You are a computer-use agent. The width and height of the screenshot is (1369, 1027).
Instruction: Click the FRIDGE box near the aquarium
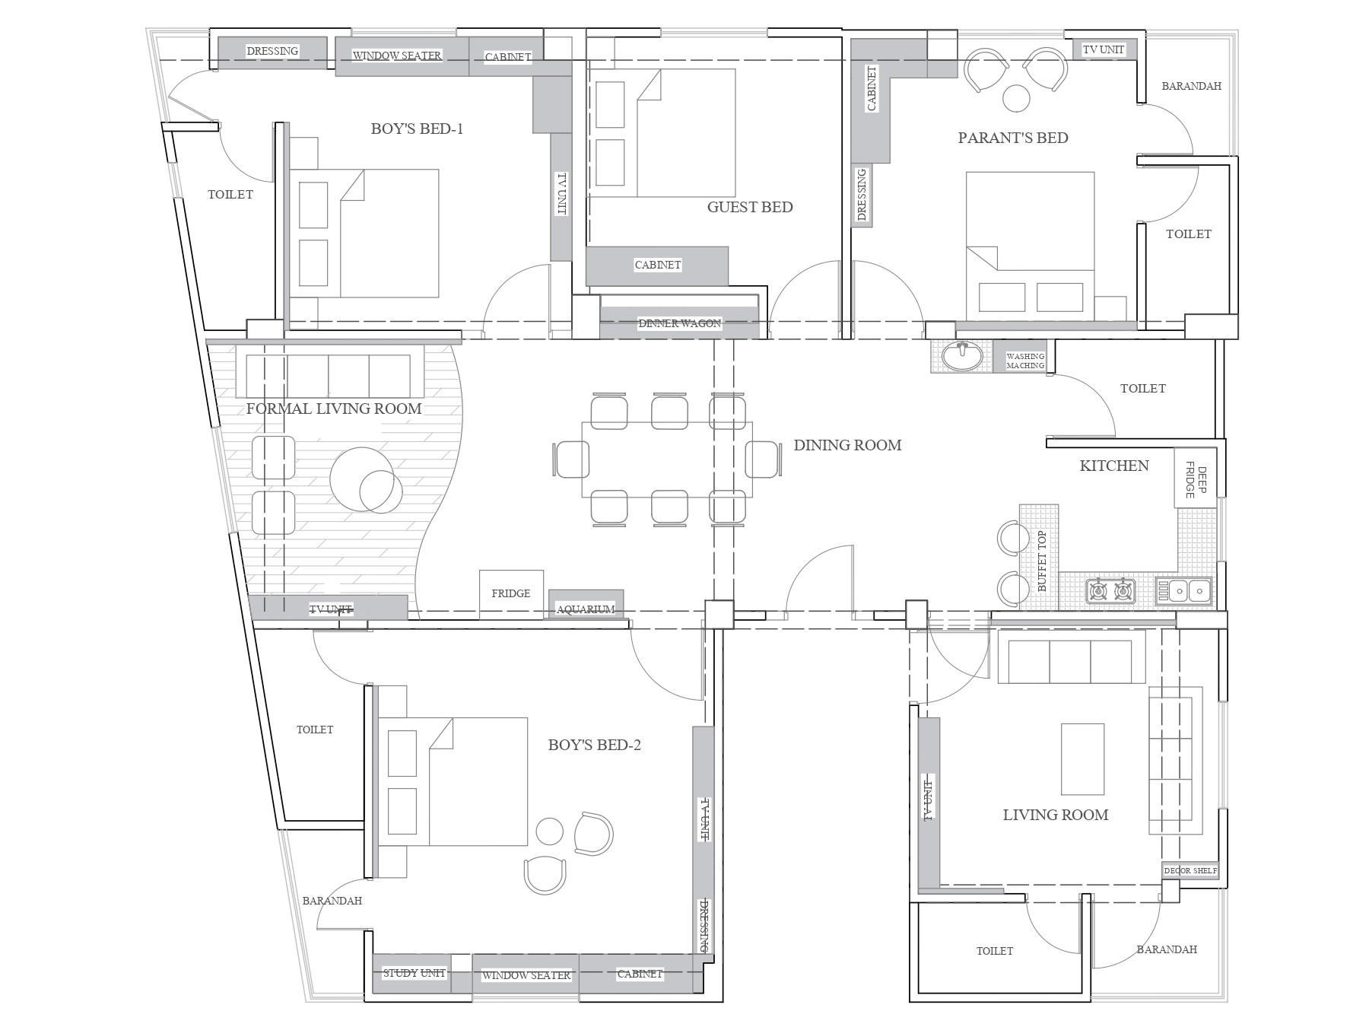511,594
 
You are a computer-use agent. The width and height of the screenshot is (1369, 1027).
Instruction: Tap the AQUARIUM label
586,609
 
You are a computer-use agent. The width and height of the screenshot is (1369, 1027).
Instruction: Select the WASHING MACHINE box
1024,357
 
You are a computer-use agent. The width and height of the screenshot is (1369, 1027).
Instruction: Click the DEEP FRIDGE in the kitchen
1196,478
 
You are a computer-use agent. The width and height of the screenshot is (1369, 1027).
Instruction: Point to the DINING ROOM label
847,445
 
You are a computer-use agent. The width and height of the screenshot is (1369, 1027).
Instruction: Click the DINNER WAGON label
679,323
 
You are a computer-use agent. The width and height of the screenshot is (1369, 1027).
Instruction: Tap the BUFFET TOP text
1042,561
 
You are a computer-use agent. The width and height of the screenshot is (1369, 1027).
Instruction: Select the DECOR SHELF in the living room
1190,871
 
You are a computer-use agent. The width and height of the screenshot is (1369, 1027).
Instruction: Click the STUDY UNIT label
414,973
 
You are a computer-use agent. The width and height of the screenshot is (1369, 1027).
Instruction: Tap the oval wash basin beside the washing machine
962,356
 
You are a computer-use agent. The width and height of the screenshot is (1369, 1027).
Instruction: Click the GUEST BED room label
750,207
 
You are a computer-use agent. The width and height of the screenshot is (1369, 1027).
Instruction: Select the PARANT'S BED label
1013,138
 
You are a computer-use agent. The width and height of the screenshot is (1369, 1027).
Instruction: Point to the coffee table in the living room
1082,759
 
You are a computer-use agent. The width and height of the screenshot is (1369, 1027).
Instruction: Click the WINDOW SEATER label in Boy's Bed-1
397,56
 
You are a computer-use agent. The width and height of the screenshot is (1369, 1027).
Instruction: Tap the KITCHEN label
1114,466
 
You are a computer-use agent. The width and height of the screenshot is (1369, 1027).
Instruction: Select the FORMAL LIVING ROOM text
334,409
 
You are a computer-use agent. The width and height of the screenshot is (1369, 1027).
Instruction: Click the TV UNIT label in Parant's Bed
1104,49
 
